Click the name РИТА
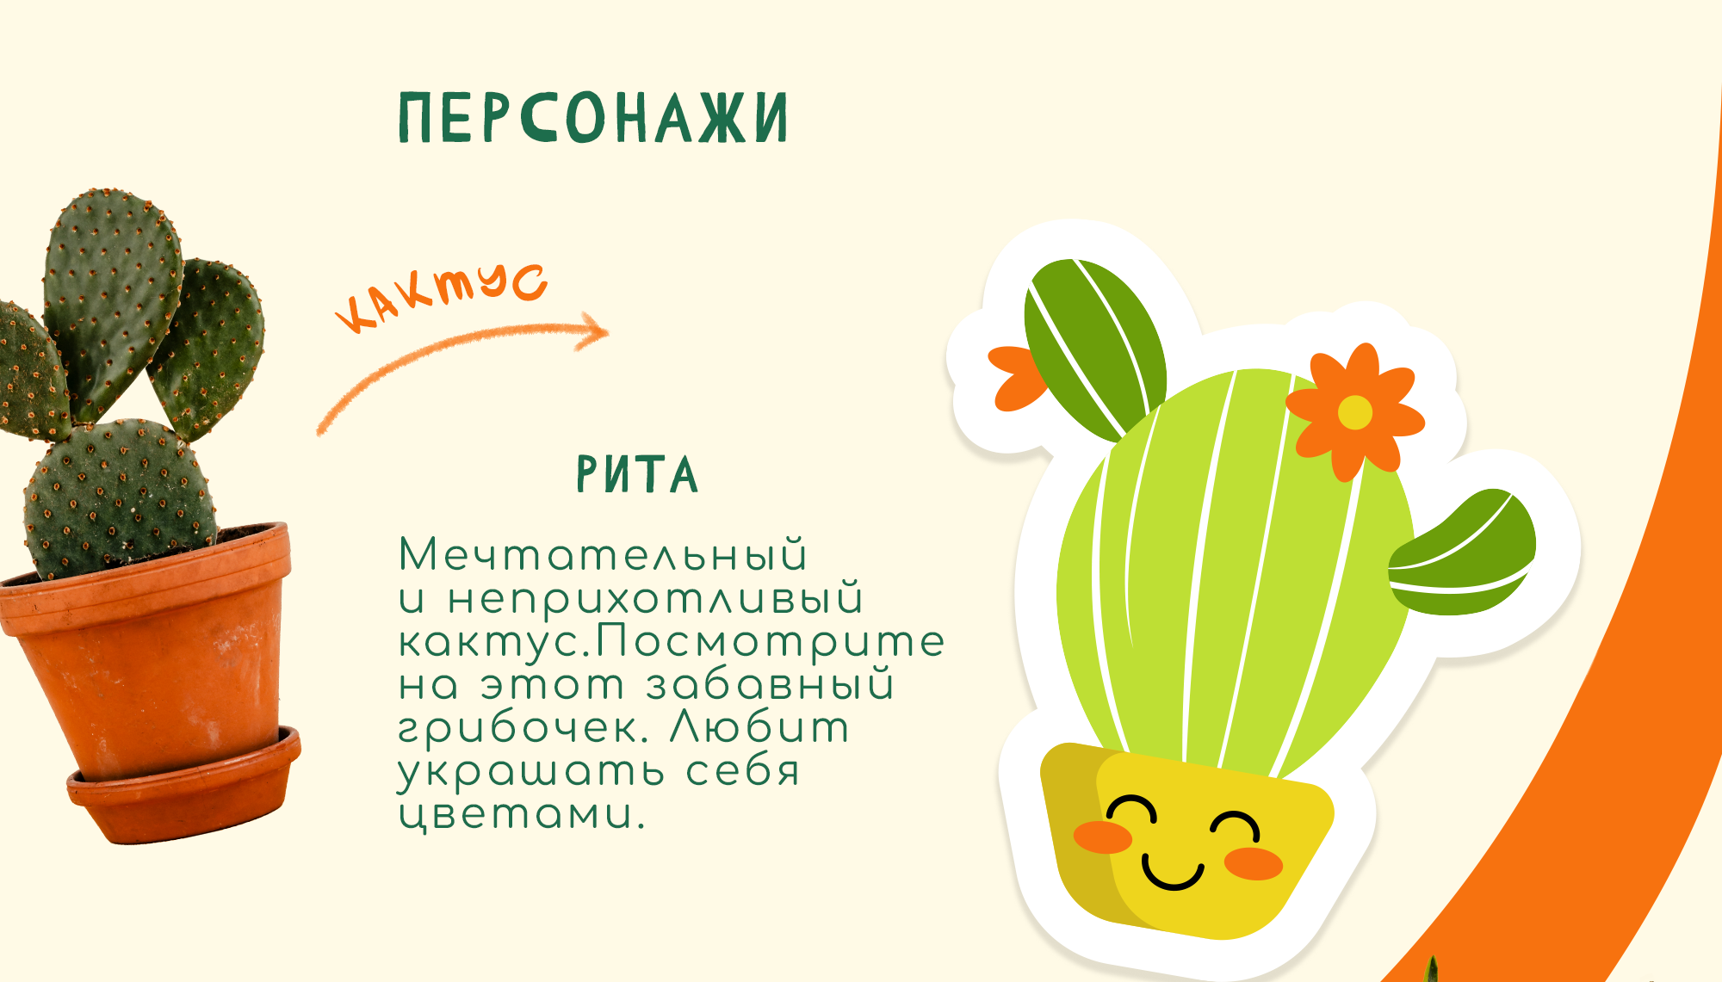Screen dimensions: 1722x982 [637, 474]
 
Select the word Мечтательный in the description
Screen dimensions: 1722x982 [603, 554]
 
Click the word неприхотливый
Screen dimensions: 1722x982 [655, 599]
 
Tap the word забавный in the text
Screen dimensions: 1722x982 [771, 685]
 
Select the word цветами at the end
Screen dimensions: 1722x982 [522, 814]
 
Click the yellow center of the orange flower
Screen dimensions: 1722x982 [1354, 412]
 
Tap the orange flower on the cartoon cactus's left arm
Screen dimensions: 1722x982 [1016, 377]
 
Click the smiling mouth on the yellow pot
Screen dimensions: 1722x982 [1172, 872]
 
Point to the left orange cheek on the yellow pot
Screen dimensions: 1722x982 [1103, 837]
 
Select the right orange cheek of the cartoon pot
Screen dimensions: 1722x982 [1254, 862]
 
